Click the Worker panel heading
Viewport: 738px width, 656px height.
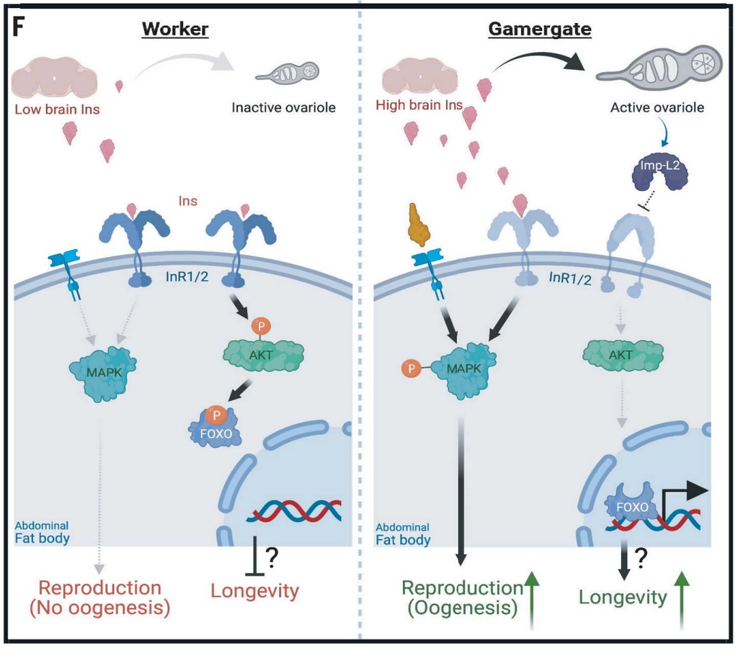pos(175,29)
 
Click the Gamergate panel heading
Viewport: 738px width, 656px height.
pos(540,29)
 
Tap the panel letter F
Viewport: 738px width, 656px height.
pos(18,27)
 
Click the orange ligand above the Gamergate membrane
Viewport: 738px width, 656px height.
pos(419,225)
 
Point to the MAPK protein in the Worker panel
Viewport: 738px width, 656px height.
pos(104,373)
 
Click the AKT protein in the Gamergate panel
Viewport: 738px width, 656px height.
pos(623,354)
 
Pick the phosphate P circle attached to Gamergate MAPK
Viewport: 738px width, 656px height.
pos(412,368)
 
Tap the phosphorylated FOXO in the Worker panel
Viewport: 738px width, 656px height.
pos(215,427)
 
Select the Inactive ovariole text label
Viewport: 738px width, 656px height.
pos(283,108)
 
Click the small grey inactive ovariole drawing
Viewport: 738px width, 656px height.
pos(288,73)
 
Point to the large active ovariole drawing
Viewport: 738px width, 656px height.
pos(659,66)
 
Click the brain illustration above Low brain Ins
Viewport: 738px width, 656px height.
pos(54,78)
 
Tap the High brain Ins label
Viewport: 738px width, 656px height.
pos(419,105)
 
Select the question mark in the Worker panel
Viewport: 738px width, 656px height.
pos(272,557)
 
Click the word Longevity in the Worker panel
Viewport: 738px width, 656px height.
pos(254,591)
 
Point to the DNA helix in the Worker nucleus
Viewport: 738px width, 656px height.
pos(294,511)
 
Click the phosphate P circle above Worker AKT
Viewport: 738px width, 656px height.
pos(261,326)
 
